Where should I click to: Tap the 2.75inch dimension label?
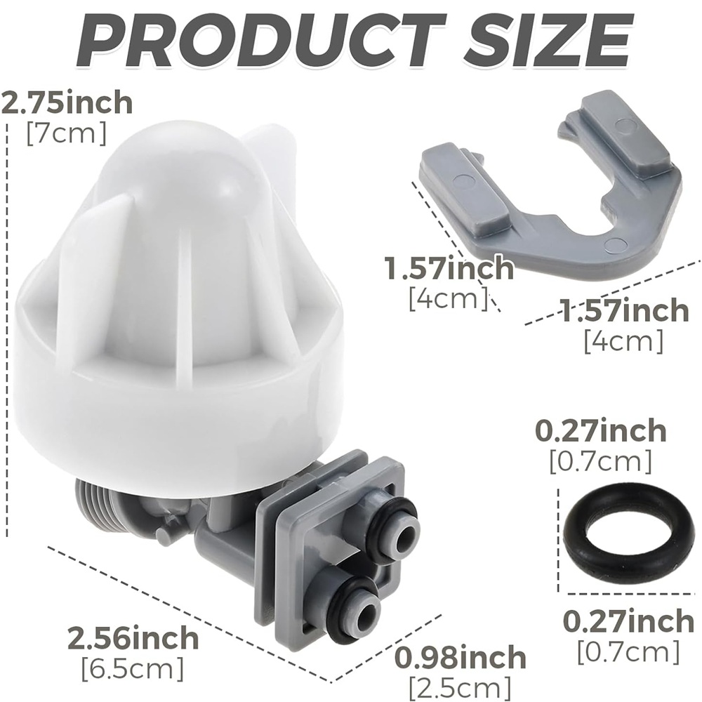coord(67,102)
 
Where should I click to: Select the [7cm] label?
coord(67,133)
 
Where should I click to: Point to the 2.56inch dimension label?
coord(133,637)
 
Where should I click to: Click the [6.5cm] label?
coord(133,668)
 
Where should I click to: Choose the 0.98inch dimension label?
coord(461,657)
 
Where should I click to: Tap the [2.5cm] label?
coord(460,687)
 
